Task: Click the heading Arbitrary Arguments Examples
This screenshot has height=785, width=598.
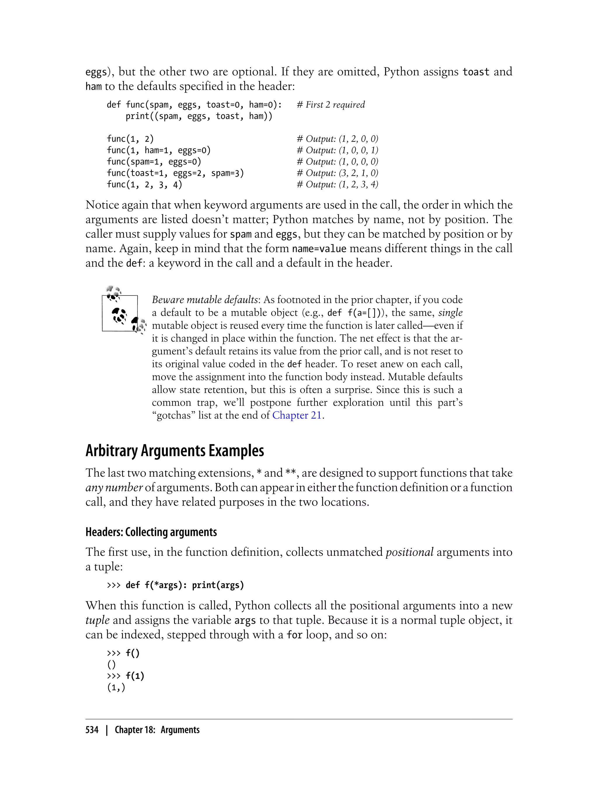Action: tap(174, 451)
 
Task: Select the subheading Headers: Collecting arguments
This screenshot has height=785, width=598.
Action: tap(151, 532)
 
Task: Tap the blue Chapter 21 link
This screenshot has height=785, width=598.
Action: tap(297, 415)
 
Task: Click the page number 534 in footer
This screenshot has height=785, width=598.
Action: tap(92, 730)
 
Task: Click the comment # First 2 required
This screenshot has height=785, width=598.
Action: tap(331, 105)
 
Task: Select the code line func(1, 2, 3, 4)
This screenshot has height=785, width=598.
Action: tap(144, 184)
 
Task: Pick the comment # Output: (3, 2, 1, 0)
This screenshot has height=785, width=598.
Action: tap(337, 173)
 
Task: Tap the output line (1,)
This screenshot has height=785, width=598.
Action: tap(116, 687)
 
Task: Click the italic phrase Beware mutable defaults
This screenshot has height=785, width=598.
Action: tap(205, 300)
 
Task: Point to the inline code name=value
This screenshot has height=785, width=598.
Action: tap(319, 249)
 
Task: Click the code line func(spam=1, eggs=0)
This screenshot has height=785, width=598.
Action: tap(154, 161)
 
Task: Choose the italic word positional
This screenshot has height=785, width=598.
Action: tap(409, 552)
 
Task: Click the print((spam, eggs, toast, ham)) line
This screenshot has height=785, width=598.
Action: tap(199, 116)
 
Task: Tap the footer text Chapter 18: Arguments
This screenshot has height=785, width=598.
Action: tap(157, 730)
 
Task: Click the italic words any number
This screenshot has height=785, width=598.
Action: tap(114, 487)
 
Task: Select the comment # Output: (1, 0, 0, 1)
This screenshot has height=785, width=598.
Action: tap(337, 150)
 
